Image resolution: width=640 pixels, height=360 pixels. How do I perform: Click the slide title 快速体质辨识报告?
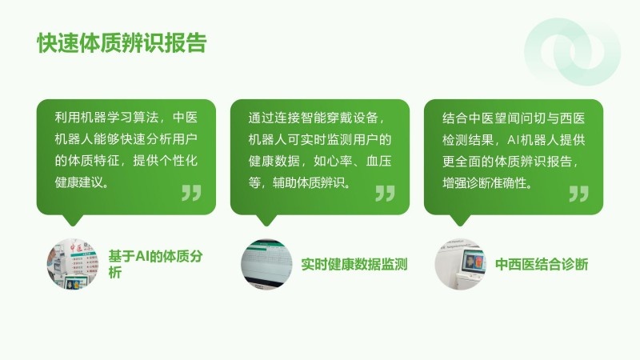coord(122,43)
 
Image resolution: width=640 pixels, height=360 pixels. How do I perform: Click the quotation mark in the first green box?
coord(191,193)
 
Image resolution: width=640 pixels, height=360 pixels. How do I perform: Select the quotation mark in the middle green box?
coord(386,193)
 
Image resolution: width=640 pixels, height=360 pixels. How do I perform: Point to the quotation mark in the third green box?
coord(578,194)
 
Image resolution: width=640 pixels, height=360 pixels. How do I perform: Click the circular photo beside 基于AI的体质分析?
coord(73,264)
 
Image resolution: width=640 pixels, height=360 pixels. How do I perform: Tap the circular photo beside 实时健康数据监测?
coord(266,264)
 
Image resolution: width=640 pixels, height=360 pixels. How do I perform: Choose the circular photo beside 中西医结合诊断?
coord(461,264)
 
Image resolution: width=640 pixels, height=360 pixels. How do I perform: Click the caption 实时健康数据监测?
coord(354,265)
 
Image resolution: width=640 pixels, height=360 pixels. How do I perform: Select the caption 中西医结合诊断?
coord(542,265)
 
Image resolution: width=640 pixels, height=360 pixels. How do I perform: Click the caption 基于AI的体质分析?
coord(155,264)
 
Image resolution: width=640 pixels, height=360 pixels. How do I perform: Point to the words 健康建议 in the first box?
coord(78,182)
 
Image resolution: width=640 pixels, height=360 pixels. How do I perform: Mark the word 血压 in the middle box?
coord(378,161)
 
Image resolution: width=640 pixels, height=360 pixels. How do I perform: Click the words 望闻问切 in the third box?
coord(520,118)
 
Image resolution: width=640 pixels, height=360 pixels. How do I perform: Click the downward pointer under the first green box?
coord(73,220)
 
